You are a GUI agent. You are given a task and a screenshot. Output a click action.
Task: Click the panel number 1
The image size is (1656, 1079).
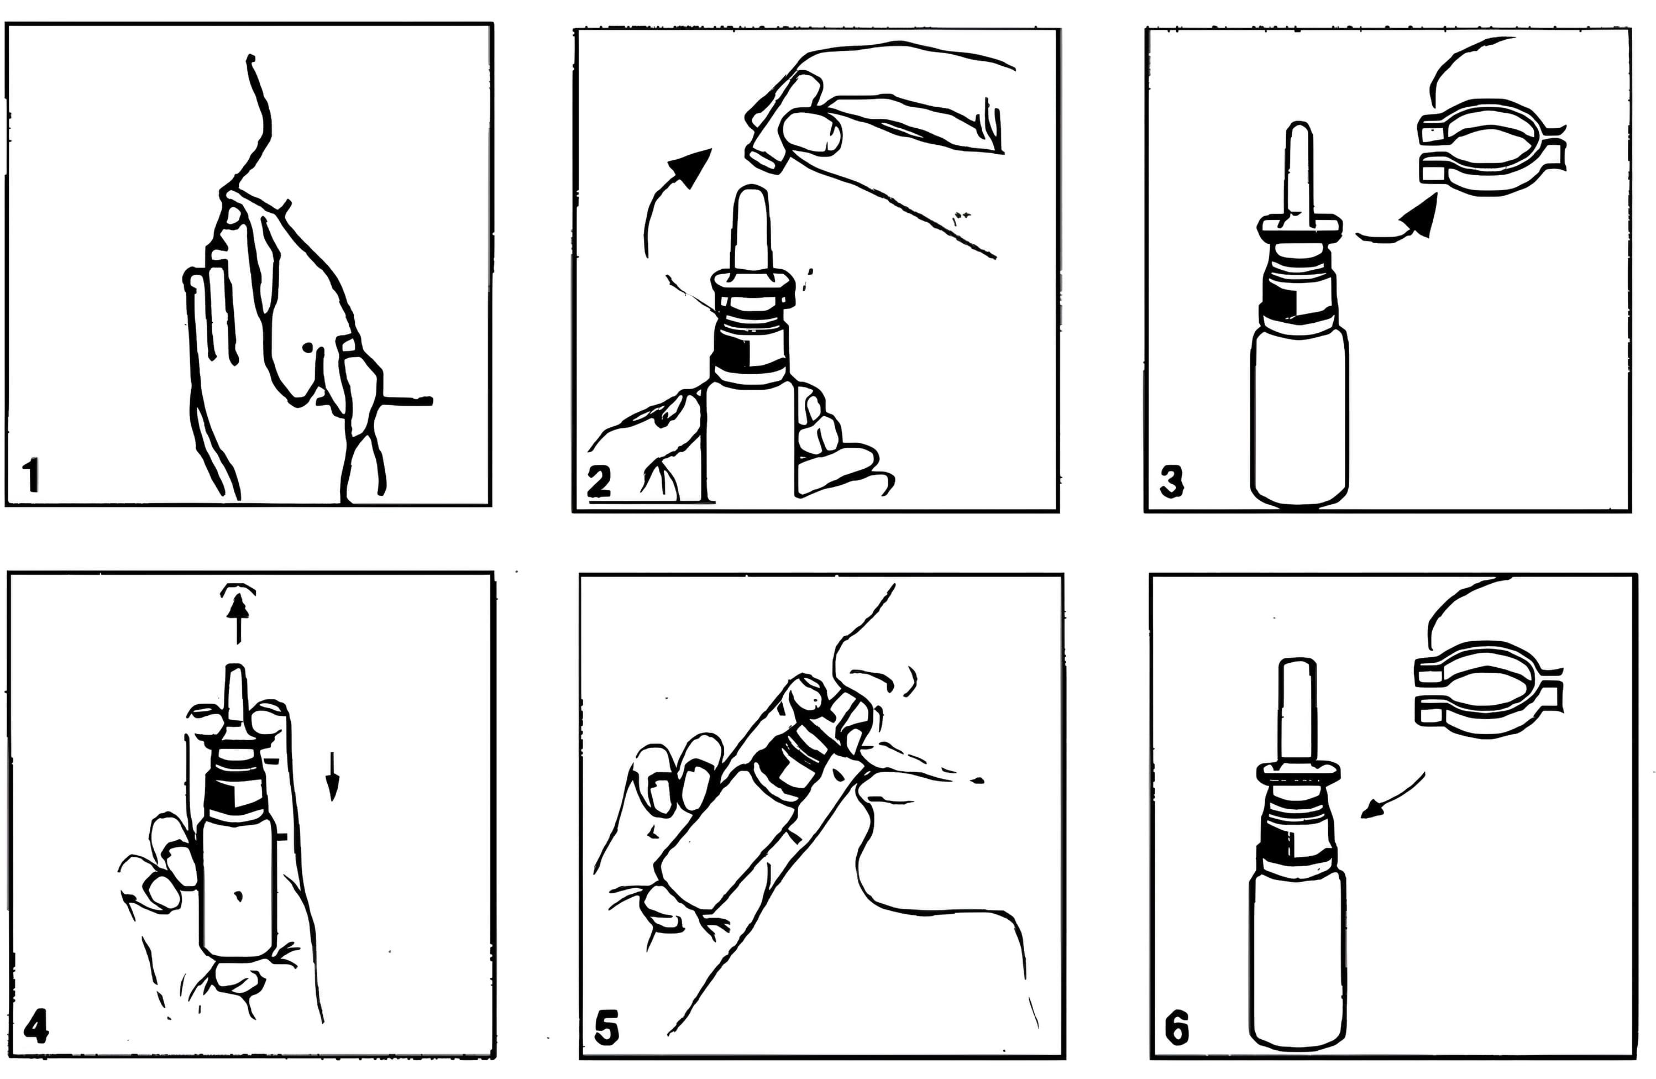click(x=30, y=475)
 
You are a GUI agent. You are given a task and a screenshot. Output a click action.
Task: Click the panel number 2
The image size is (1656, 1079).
click(x=599, y=481)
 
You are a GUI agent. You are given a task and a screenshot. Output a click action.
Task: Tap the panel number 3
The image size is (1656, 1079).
click(x=1172, y=481)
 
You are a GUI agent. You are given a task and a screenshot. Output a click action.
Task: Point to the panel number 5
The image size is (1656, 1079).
click(x=607, y=1029)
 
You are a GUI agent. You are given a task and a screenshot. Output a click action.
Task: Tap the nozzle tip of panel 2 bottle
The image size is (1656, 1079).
click(x=750, y=198)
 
